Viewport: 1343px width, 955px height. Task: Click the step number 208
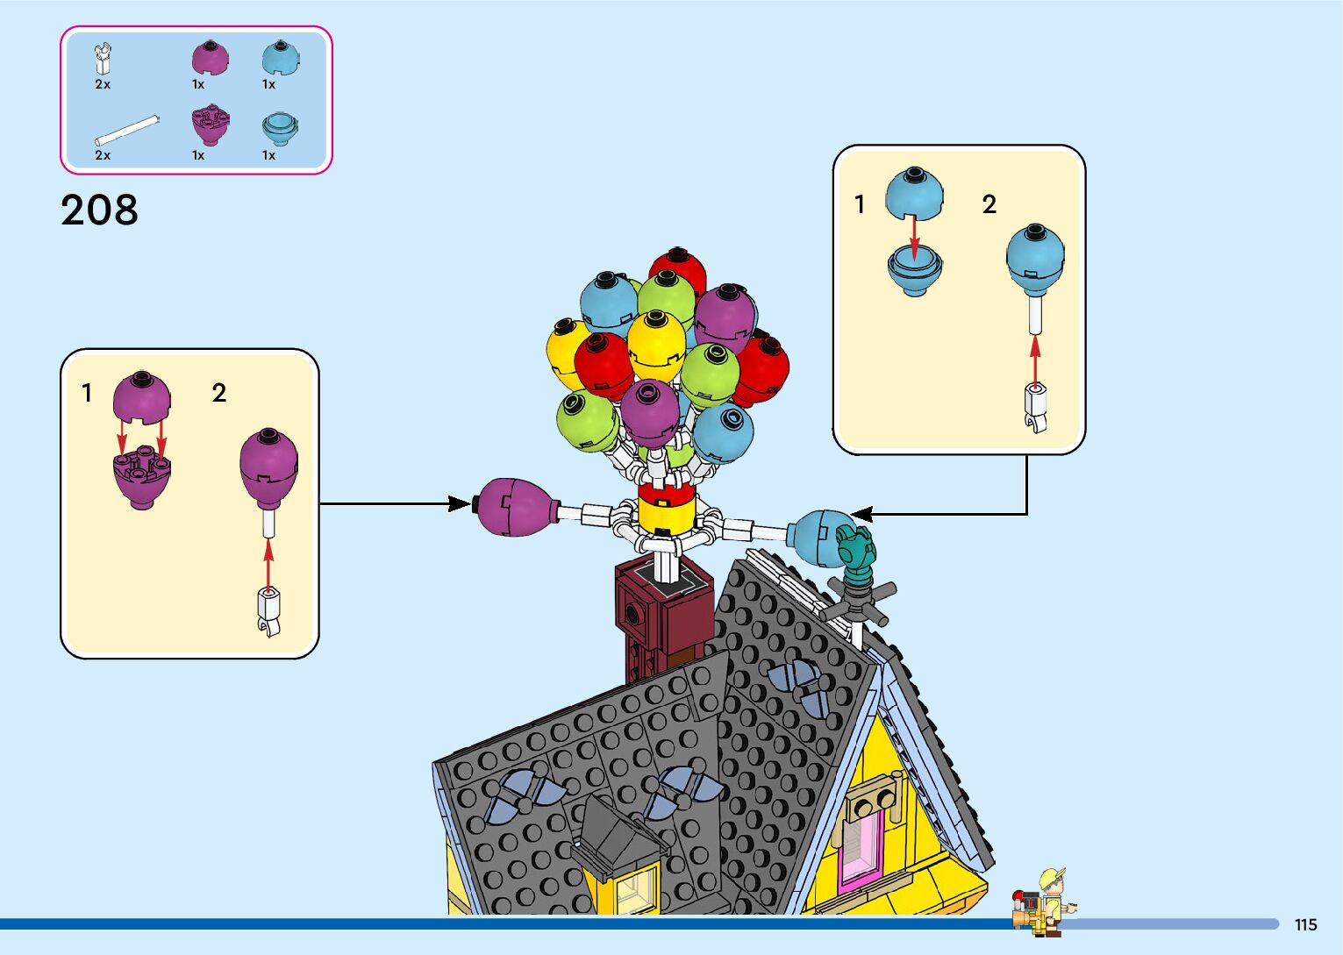pyautogui.click(x=99, y=210)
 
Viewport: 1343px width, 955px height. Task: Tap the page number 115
pyautogui.click(x=1305, y=924)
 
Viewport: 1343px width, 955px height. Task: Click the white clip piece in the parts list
pyautogui.click(x=104, y=60)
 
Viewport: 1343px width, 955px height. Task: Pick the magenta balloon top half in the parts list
pyautogui.click(x=210, y=58)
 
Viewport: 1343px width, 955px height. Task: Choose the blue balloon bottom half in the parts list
pyautogui.click(x=281, y=129)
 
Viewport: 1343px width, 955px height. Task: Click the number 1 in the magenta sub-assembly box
pyautogui.click(x=87, y=393)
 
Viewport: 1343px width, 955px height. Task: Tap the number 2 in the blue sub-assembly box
pyautogui.click(x=989, y=204)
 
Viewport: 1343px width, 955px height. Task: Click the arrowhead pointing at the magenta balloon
pyautogui.click(x=459, y=503)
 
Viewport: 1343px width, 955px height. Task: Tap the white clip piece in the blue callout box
pyautogui.click(x=1035, y=408)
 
